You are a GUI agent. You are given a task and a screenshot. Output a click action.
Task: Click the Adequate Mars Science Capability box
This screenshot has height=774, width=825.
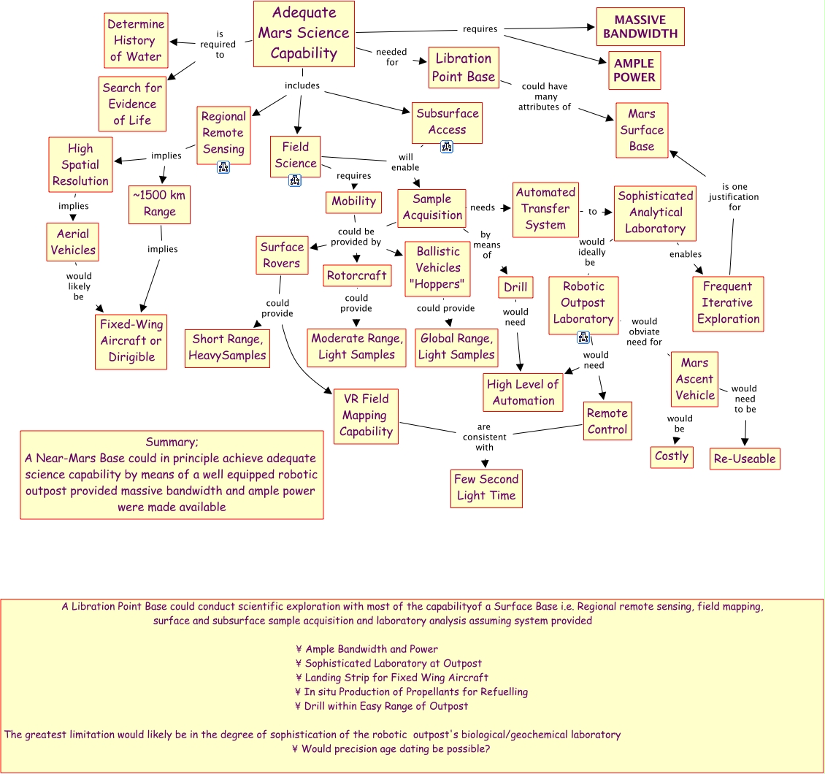(304, 34)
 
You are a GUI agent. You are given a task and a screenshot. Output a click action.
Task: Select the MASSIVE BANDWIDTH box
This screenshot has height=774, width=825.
(640, 26)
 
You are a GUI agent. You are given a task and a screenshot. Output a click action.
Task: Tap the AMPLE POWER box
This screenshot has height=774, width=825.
(634, 70)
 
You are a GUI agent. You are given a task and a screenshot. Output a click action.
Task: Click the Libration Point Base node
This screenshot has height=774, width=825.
(463, 68)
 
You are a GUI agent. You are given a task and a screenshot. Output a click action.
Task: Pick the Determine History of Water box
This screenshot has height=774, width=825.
(136, 40)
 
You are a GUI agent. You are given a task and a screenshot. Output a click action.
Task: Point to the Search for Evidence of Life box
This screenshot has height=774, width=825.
(132, 104)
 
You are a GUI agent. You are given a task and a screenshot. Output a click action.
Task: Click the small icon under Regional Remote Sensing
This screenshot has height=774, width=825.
(223, 167)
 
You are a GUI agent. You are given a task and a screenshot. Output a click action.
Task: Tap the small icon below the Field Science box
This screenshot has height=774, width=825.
(295, 180)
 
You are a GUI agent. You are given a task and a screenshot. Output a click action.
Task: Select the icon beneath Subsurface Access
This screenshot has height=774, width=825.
(447, 147)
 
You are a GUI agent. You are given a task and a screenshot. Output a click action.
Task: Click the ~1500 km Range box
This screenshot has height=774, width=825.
(160, 204)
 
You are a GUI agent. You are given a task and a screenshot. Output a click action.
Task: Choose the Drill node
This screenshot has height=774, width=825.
(515, 287)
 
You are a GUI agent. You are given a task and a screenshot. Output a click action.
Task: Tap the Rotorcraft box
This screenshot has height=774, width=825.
(357, 275)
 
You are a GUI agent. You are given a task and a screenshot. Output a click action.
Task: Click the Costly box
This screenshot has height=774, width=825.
(672, 456)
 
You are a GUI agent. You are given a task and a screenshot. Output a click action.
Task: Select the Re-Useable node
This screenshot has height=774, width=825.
(745, 459)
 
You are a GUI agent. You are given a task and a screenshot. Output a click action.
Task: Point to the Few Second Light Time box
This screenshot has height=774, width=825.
(486, 488)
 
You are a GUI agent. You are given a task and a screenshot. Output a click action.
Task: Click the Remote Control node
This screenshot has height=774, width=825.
(607, 421)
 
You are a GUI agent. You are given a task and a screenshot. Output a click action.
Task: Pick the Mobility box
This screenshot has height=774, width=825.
(354, 202)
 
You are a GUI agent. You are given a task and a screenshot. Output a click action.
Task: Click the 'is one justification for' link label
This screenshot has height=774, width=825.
(734, 197)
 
